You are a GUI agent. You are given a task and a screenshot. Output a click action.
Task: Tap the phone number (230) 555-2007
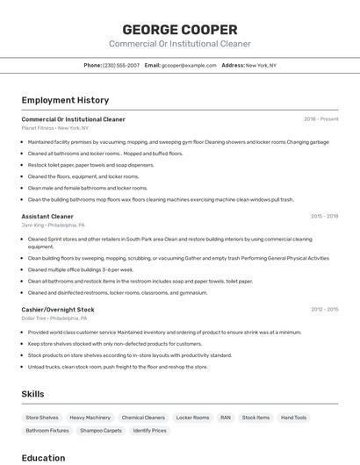pos(121,65)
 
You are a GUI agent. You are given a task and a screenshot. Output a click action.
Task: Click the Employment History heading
pos(65,100)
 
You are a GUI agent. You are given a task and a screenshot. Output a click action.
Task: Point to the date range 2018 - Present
pos(320,119)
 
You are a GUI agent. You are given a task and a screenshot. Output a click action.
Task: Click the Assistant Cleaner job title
pos(47,216)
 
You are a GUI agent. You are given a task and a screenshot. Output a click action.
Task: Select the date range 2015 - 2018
pos(324,216)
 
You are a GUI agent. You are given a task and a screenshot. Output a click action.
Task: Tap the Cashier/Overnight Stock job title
pos(58,309)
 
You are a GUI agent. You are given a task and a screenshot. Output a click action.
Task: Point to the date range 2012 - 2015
pos(324,309)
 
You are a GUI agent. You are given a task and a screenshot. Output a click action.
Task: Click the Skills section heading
pos(32,394)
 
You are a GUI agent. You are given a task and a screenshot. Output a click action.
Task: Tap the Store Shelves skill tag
pos(42,418)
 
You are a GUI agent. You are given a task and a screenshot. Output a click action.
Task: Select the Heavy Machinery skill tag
pos(90,418)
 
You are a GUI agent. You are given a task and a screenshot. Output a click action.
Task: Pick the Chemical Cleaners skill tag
pos(143,418)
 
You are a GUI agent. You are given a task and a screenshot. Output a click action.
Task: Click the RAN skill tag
pos(226,418)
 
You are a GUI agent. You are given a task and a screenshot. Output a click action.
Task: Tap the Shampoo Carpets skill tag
pos(101,431)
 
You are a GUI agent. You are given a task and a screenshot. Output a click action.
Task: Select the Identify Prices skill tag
pos(149,431)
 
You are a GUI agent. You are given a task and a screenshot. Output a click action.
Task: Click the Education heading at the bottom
pos(43,457)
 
